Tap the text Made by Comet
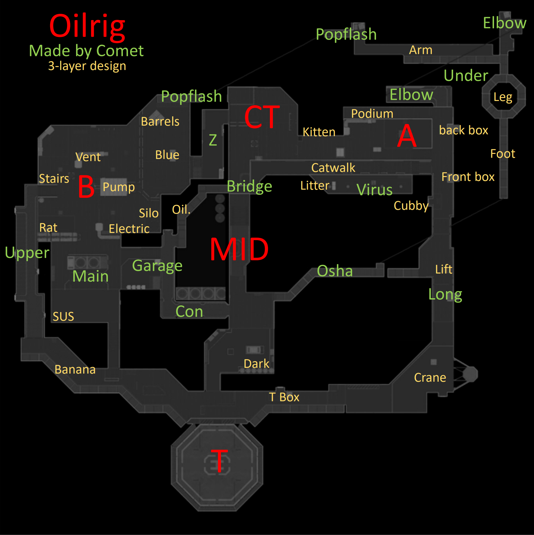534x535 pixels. (86, 51)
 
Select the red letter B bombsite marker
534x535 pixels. (86, 187)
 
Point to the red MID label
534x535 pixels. (239, 249)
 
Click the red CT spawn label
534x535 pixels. (262, 117)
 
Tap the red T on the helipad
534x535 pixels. (219, 460)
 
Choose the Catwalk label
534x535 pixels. (333, 168)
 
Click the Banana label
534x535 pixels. (75, 369)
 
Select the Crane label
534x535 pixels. (430, 378)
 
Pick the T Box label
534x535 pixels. (284, 397)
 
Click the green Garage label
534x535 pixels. (157, 266)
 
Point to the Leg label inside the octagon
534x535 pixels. (503, 97)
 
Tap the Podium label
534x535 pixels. (372, 114)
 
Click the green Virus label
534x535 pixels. (374, 190)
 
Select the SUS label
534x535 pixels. (63, 316)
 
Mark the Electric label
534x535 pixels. (129, 229)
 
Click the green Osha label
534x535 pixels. (335, 271)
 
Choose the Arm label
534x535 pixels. (420, 50)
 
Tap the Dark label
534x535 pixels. (256, 364)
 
